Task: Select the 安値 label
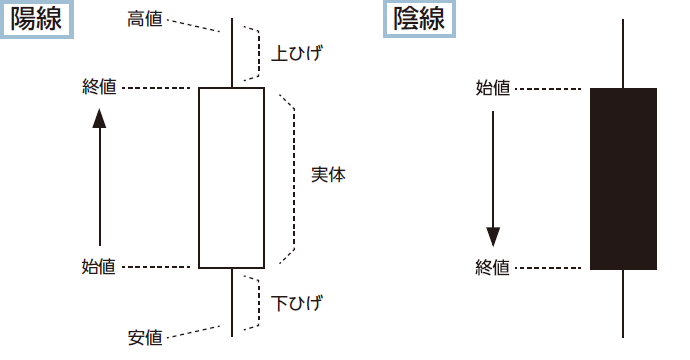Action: [145, 337]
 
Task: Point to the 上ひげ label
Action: [298, 52]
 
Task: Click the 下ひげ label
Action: [298, 302]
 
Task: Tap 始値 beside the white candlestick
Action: [98, 267]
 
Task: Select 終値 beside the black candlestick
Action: [493, 267]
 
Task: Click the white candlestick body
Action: [231, 178]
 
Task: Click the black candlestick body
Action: [623, 178]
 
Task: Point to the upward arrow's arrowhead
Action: [98, 118]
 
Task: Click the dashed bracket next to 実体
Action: [294, 175]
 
